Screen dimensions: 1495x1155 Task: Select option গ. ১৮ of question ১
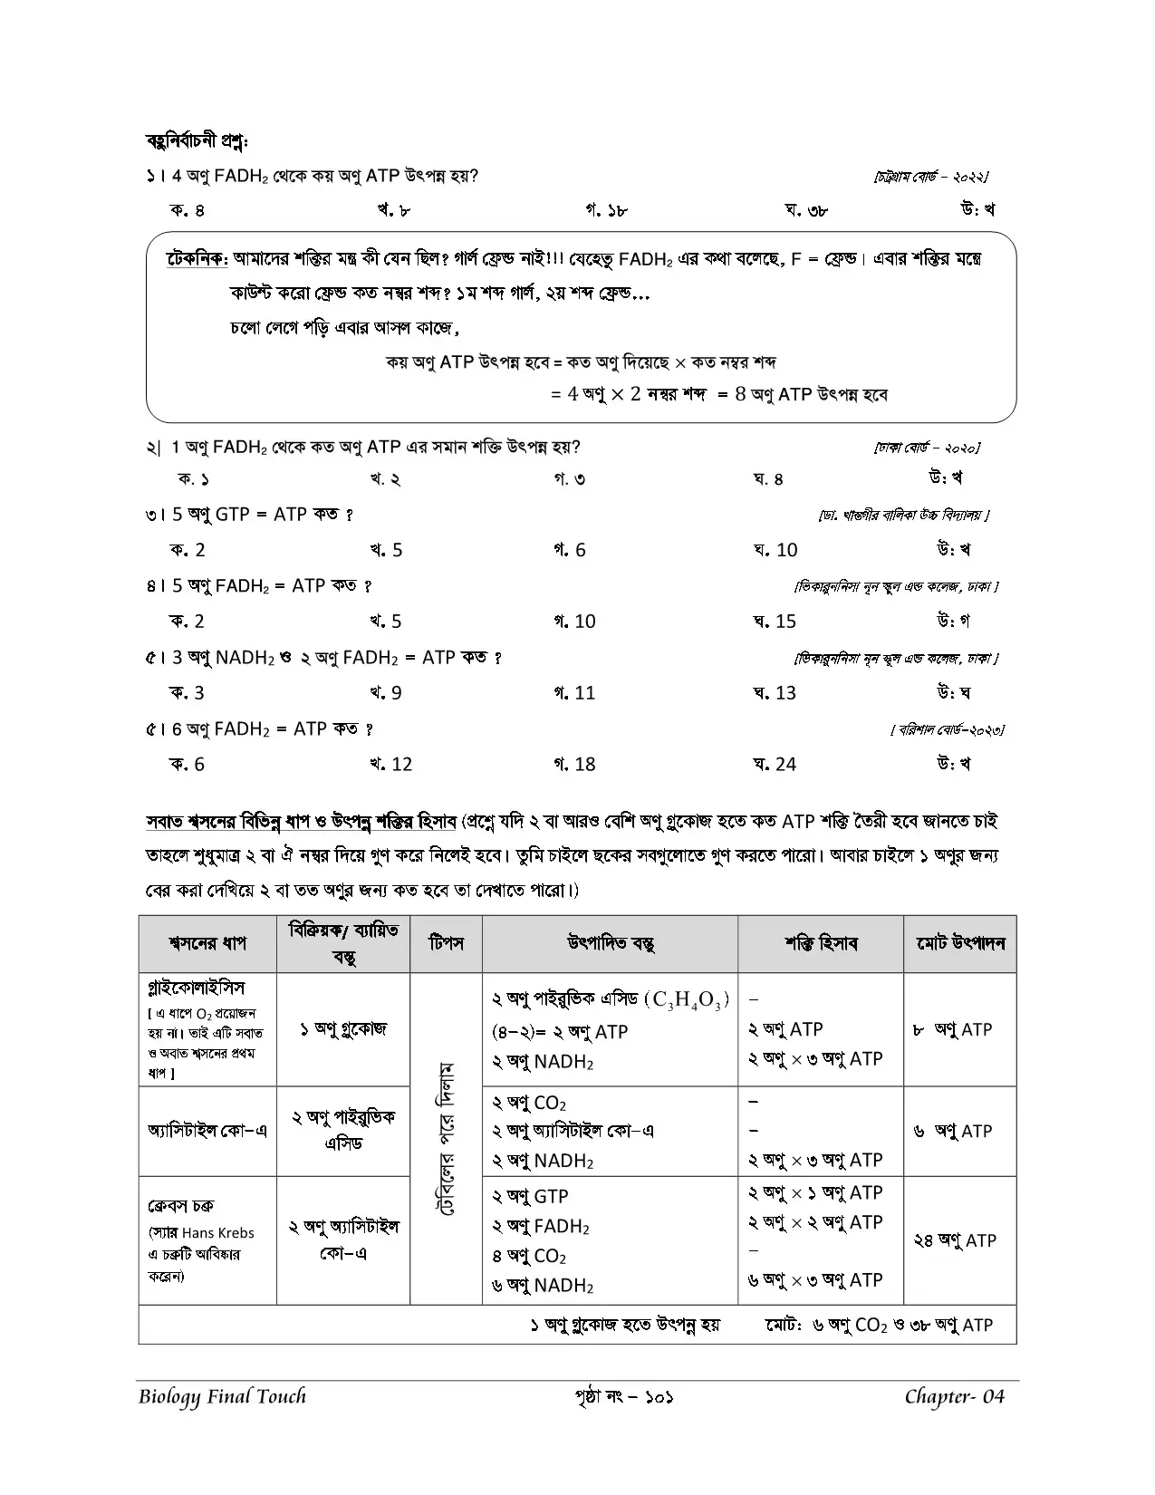(606, 211)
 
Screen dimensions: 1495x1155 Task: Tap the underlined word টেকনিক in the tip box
(197, 259)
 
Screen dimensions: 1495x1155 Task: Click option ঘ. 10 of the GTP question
(775, 550)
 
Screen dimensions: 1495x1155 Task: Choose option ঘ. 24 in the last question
(775, 765)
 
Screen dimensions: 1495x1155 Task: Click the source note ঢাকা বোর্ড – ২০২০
(927, 448)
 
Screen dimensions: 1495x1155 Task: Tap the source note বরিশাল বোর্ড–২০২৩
(948, 729)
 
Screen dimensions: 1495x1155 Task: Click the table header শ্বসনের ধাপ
(207, 943)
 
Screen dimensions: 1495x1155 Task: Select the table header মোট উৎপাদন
(960, 943)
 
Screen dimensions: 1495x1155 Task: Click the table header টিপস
(446, 943)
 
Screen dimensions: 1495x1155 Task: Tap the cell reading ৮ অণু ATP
(953, 1029)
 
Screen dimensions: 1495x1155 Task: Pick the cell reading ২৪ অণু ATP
(955, 1240)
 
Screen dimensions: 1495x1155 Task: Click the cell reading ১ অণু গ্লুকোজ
(343, 1029)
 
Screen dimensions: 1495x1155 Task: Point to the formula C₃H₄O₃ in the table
(686, 1000)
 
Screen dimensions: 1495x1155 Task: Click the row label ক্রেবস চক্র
(180, 1206)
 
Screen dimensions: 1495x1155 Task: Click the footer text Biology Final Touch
(223, 1396)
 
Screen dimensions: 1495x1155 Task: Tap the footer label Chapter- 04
(955, 1396)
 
